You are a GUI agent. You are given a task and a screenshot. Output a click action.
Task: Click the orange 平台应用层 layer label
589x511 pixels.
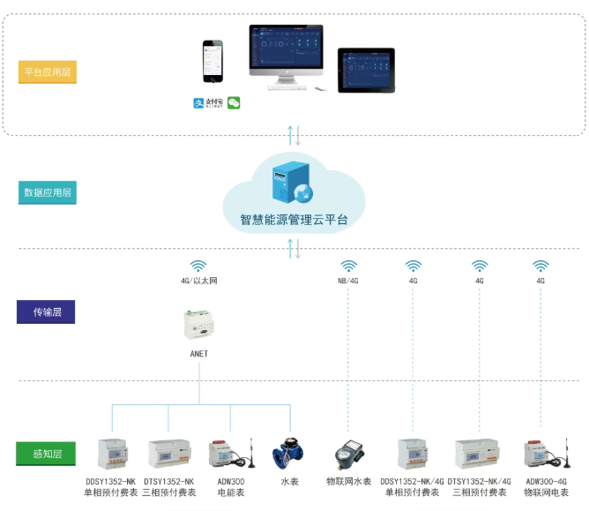click(x=48, y=71)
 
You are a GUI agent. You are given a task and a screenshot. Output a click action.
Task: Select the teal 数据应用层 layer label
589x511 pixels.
click(x=48, y=192)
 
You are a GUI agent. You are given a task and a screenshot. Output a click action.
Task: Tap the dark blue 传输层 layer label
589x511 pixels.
click(x=47, y=312)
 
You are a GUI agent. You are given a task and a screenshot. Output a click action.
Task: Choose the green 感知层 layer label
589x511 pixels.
click(x=46, y=455)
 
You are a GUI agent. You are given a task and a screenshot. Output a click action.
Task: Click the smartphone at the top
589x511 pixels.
click(x=213, y=63)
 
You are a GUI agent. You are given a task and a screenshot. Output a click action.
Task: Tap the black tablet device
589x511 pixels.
click(x=367, y=70)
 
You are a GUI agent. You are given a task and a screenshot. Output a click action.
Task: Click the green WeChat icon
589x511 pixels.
click(x=234, y=103)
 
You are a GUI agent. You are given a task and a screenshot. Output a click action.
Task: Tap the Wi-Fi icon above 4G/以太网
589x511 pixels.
click(x=198, y=266)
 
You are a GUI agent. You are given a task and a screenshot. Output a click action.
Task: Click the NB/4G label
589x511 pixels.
click(x=349, y=282)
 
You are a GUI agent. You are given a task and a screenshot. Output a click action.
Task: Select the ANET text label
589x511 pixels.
click(x=198, y=354)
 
